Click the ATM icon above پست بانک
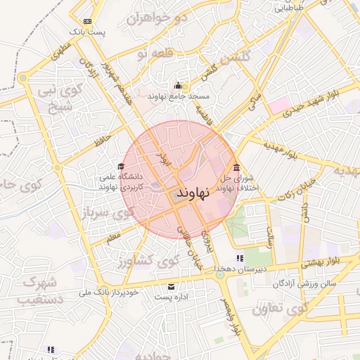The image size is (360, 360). (x=86, y=21)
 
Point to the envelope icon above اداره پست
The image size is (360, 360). (x=171, y=287)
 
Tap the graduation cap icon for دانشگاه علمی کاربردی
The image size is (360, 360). (x=111, y=166)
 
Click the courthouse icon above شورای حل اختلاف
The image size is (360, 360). (x=236, y=167)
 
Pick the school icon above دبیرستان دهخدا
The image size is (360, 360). (x=239, y=258)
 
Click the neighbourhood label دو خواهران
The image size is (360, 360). (x=157, y=18)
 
